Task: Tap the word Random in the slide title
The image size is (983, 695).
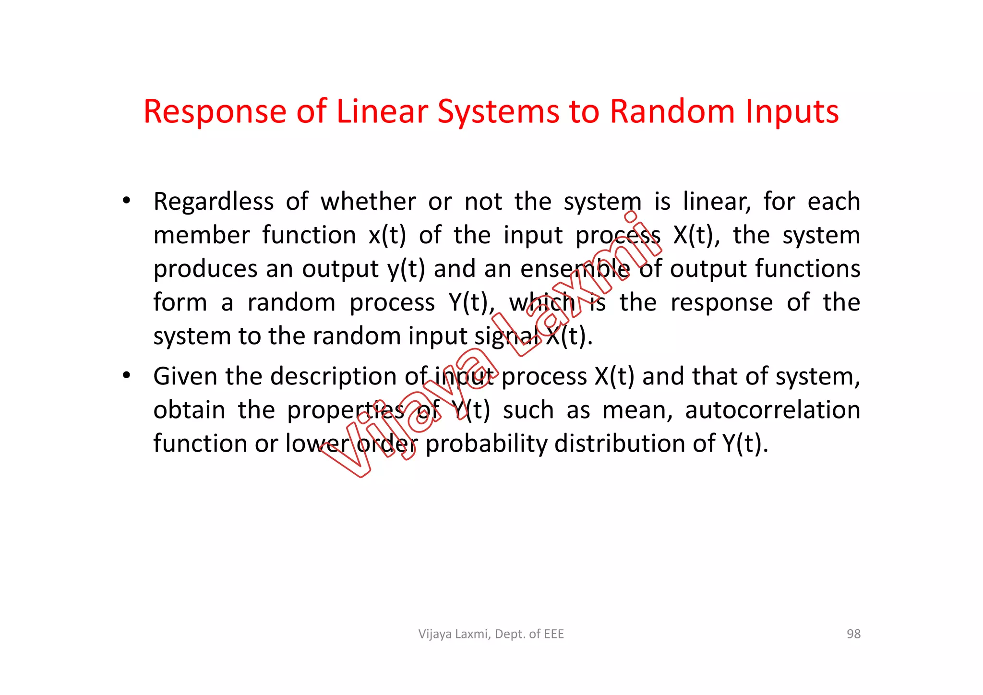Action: coord(671,111)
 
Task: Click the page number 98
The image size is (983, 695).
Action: coord(853,634)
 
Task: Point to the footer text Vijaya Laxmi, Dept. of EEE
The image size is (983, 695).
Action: coord(491,634)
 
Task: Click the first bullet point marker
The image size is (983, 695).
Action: coord(126,201)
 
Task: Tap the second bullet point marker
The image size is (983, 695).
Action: coord(126,376)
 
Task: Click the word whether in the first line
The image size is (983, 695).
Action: coord(368,202)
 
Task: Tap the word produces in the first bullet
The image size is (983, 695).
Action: coord(205,269)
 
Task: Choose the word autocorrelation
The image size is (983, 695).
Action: coord(772,410)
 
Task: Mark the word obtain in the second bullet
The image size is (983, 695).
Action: coord(189,410)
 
